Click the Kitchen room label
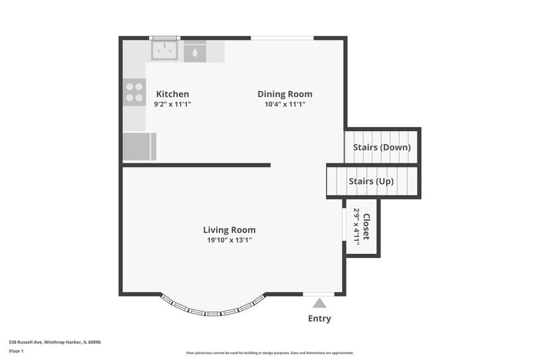(173, 94)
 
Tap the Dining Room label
(285, 94)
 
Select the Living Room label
(229, 230)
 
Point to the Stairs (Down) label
(381, 147)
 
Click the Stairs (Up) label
(371, 181)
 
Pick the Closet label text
(367, 226)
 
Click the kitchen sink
(165, 50)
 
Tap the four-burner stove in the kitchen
(134, 92)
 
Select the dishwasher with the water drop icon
(195, 52)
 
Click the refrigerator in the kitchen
(140, 147)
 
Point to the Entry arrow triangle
(319, 303)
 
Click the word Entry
(319, 318)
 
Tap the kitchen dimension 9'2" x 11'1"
(173, 104)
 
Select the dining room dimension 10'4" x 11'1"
(285, 104)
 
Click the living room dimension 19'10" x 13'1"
(229, 240)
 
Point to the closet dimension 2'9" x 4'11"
(357, 227)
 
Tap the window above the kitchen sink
(165, 38)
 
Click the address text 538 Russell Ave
(26, 342)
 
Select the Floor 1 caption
(16, 351)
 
